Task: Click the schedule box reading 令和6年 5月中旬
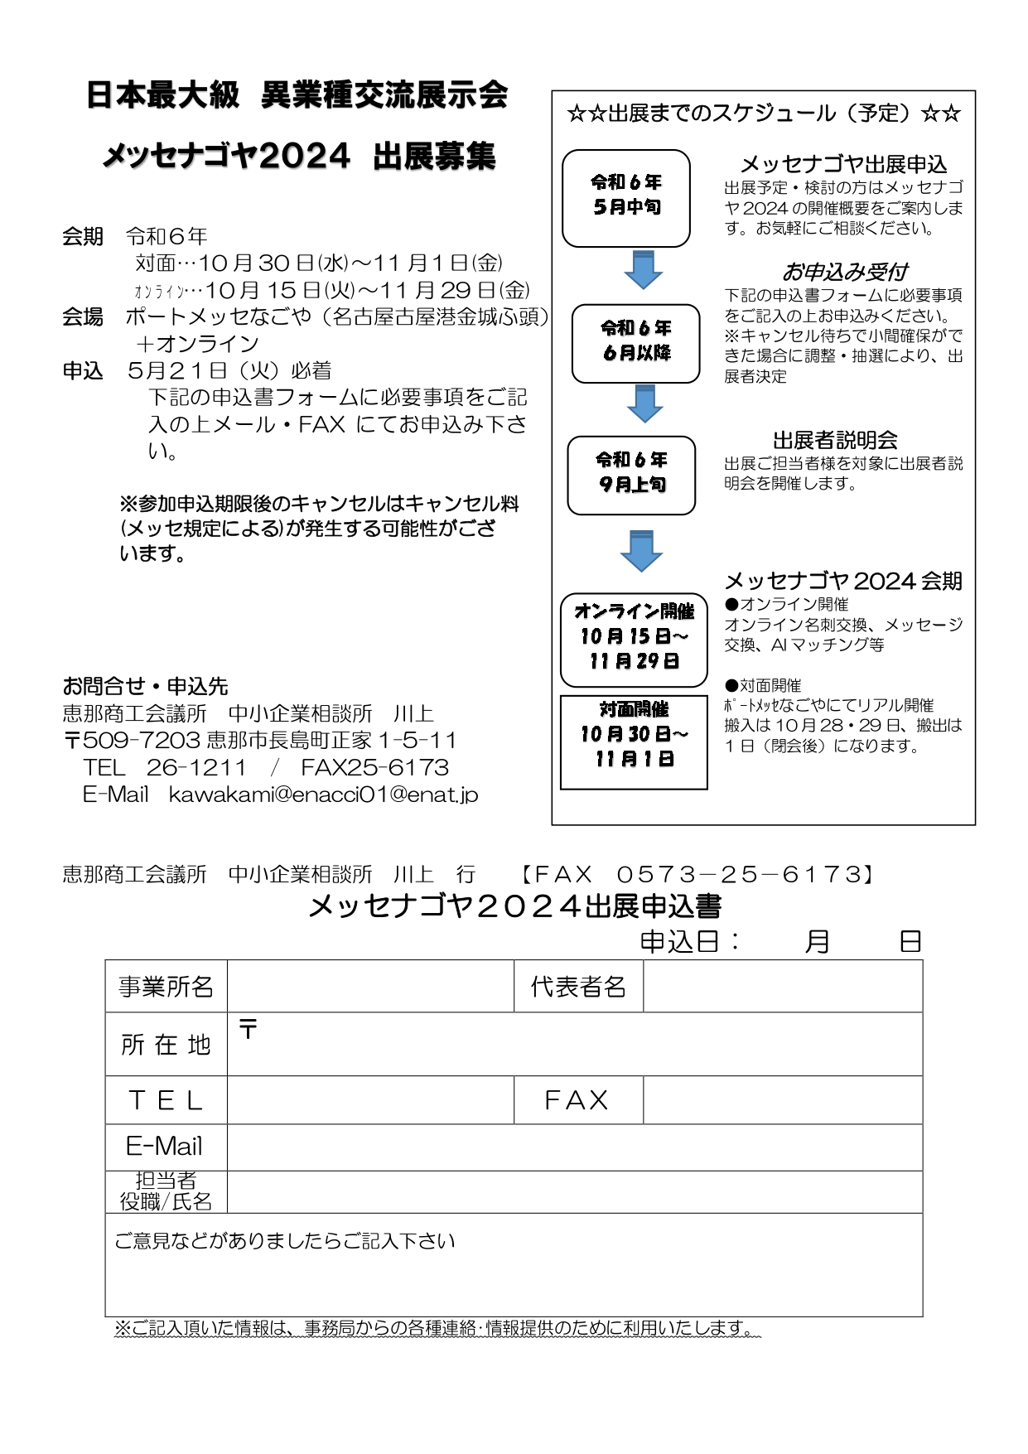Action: tap(625, 198)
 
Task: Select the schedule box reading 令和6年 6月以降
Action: tap(635, 343)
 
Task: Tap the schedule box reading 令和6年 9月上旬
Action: tap(631, 475)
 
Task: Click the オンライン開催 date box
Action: tap(634, 640)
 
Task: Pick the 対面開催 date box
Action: tap(634, 741)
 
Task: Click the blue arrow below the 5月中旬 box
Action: tap(643, 269)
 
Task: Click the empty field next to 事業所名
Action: tap(370, 986)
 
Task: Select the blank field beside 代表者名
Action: tap(782, 986)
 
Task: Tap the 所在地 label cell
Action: tap(166, 1044)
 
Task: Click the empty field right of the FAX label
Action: tap(782, 1099)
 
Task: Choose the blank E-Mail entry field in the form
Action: tap(574, 1147)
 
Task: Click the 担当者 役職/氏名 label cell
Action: tap(166, 1191)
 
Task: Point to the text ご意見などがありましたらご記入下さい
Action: tap(285, 1240)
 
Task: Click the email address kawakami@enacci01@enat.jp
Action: tap(323, 795)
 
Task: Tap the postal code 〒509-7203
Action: tap(132, 740)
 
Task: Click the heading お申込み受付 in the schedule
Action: tap(844, 272)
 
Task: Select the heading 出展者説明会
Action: tap(835, 440)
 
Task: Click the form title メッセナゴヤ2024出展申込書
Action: tap(514, 906)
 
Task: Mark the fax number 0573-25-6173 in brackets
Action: tap(740, 874)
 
